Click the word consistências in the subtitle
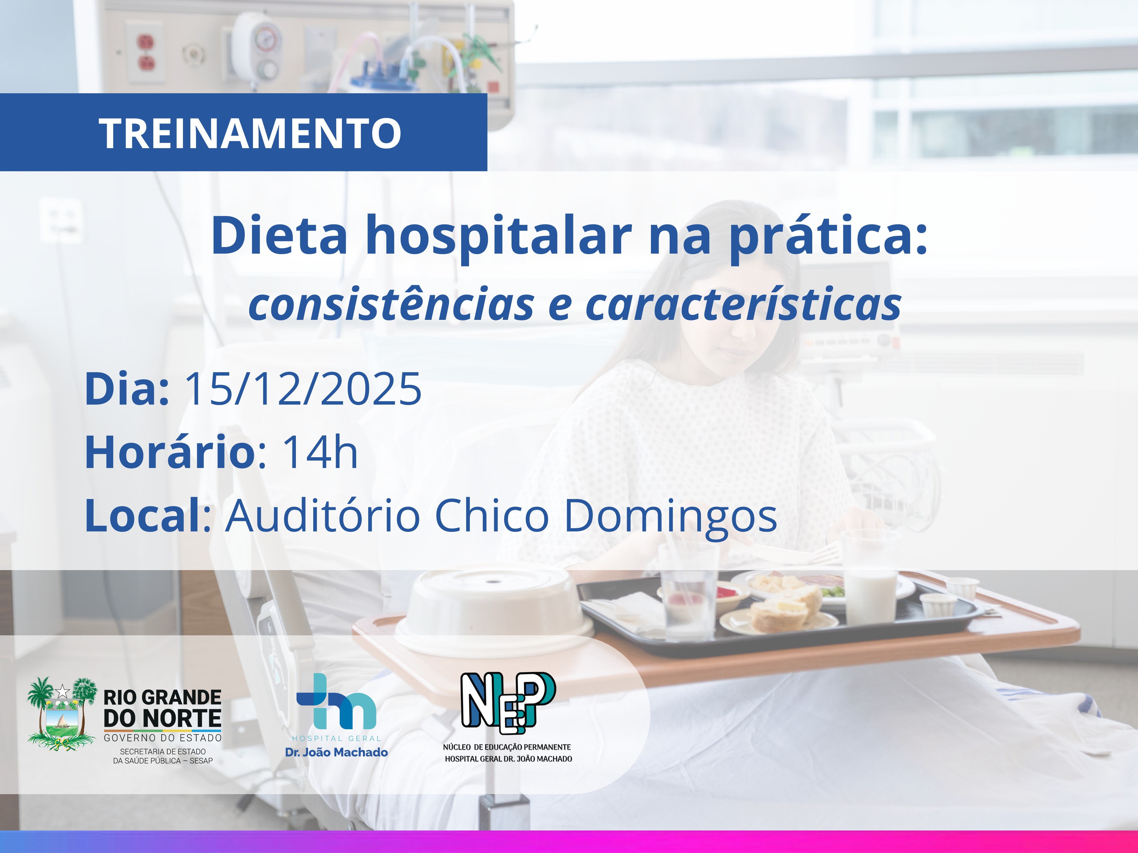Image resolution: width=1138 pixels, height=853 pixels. [x=391, y=305]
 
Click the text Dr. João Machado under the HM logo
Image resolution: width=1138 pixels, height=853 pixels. [x=337, y=752]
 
